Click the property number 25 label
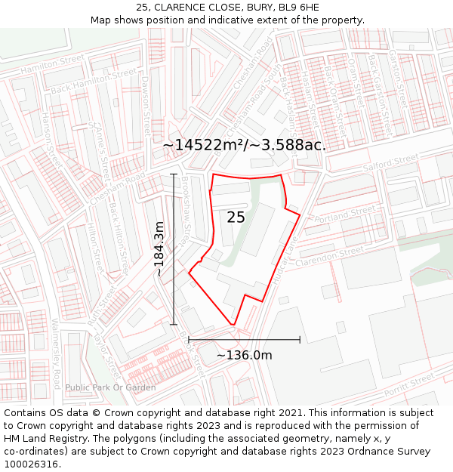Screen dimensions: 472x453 tap(236, 217)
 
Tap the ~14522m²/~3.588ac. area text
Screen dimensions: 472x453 tap(244, 145)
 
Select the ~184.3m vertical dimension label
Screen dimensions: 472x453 tap(159, 248)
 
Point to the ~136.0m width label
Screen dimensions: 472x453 tap(244, 355)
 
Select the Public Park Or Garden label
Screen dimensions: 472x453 tap(110, 387)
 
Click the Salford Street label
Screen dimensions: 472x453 tap(390, 162)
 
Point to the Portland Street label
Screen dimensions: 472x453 tap(344, 217)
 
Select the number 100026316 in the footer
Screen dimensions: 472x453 tap(31, 464)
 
